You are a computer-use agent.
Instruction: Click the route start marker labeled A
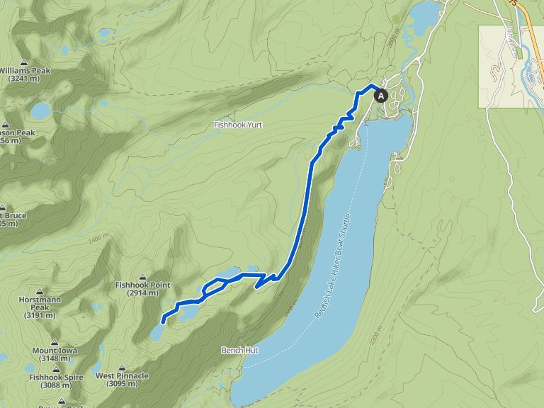pyautogui.click(x=380, y=95)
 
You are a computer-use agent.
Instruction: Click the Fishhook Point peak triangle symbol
pyautogui.click(x=143, y=277)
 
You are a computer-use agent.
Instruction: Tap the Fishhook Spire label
pyautogui.click(x=56, y=377)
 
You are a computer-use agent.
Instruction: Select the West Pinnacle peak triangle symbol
pyautogui.click(x=122, y=368)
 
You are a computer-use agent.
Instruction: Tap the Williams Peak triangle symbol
pyautogui.click(x=24, y=62)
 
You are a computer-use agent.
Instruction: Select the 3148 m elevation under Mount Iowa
pyautogui.click(x=55, y=359)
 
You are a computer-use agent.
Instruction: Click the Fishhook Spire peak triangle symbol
pyautogui.click(x=56, y=369)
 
